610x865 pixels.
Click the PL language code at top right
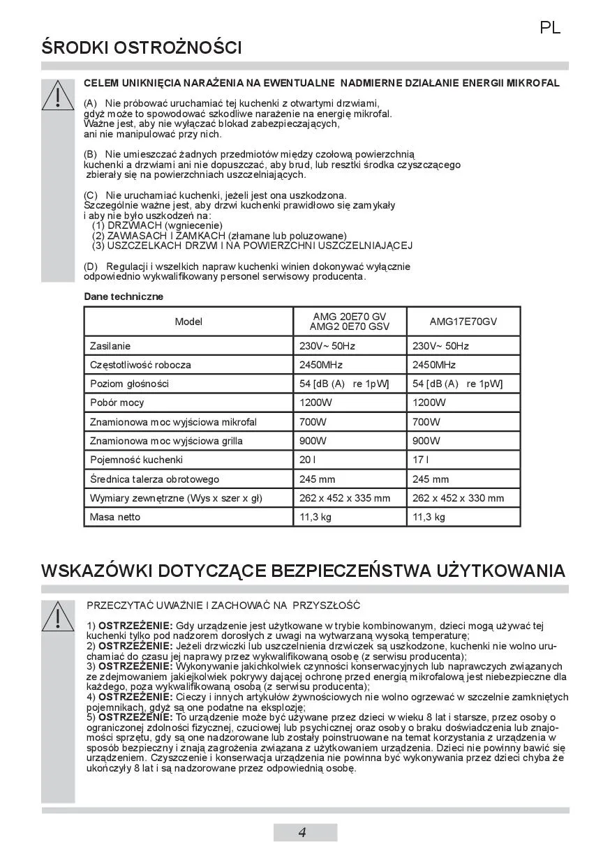[x=550, y=29]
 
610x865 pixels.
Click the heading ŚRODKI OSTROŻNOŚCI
[x=142, y=48]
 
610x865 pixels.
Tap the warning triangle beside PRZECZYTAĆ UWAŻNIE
[x=58, y=617]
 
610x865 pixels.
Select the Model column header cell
[x=188, y=322]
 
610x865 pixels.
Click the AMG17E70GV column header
[x=463, y=322]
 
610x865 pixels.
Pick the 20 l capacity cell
[x=308, y=460]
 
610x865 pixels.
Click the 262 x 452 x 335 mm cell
[x=345, y=498]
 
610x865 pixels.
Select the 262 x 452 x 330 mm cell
[x=458, y=498]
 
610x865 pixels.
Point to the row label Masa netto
[x=115, y=517]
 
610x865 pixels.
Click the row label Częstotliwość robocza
[x=140, y=365]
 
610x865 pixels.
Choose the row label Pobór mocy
[x=117, y=403]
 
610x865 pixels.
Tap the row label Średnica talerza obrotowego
[x=154, y=479]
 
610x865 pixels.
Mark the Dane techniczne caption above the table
[x=124, y=296]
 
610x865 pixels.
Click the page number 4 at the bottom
[x=302, y=832]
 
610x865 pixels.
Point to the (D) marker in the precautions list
[x=91, y=266]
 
